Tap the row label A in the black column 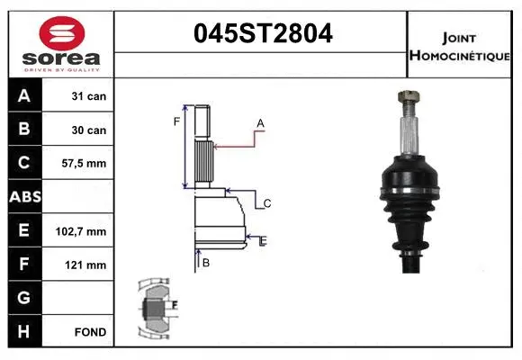coord(23,96)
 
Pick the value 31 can coord(89,96)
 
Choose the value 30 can coord(89,130)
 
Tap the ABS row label coord(23,197)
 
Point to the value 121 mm coord(88,265)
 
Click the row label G coord(23,298)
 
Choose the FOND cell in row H coord(91,332)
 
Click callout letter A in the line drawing coord(260,122)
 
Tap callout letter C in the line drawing coord(267,204)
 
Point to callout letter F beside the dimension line coord(177,121)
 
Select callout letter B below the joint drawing coord(206,263)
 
